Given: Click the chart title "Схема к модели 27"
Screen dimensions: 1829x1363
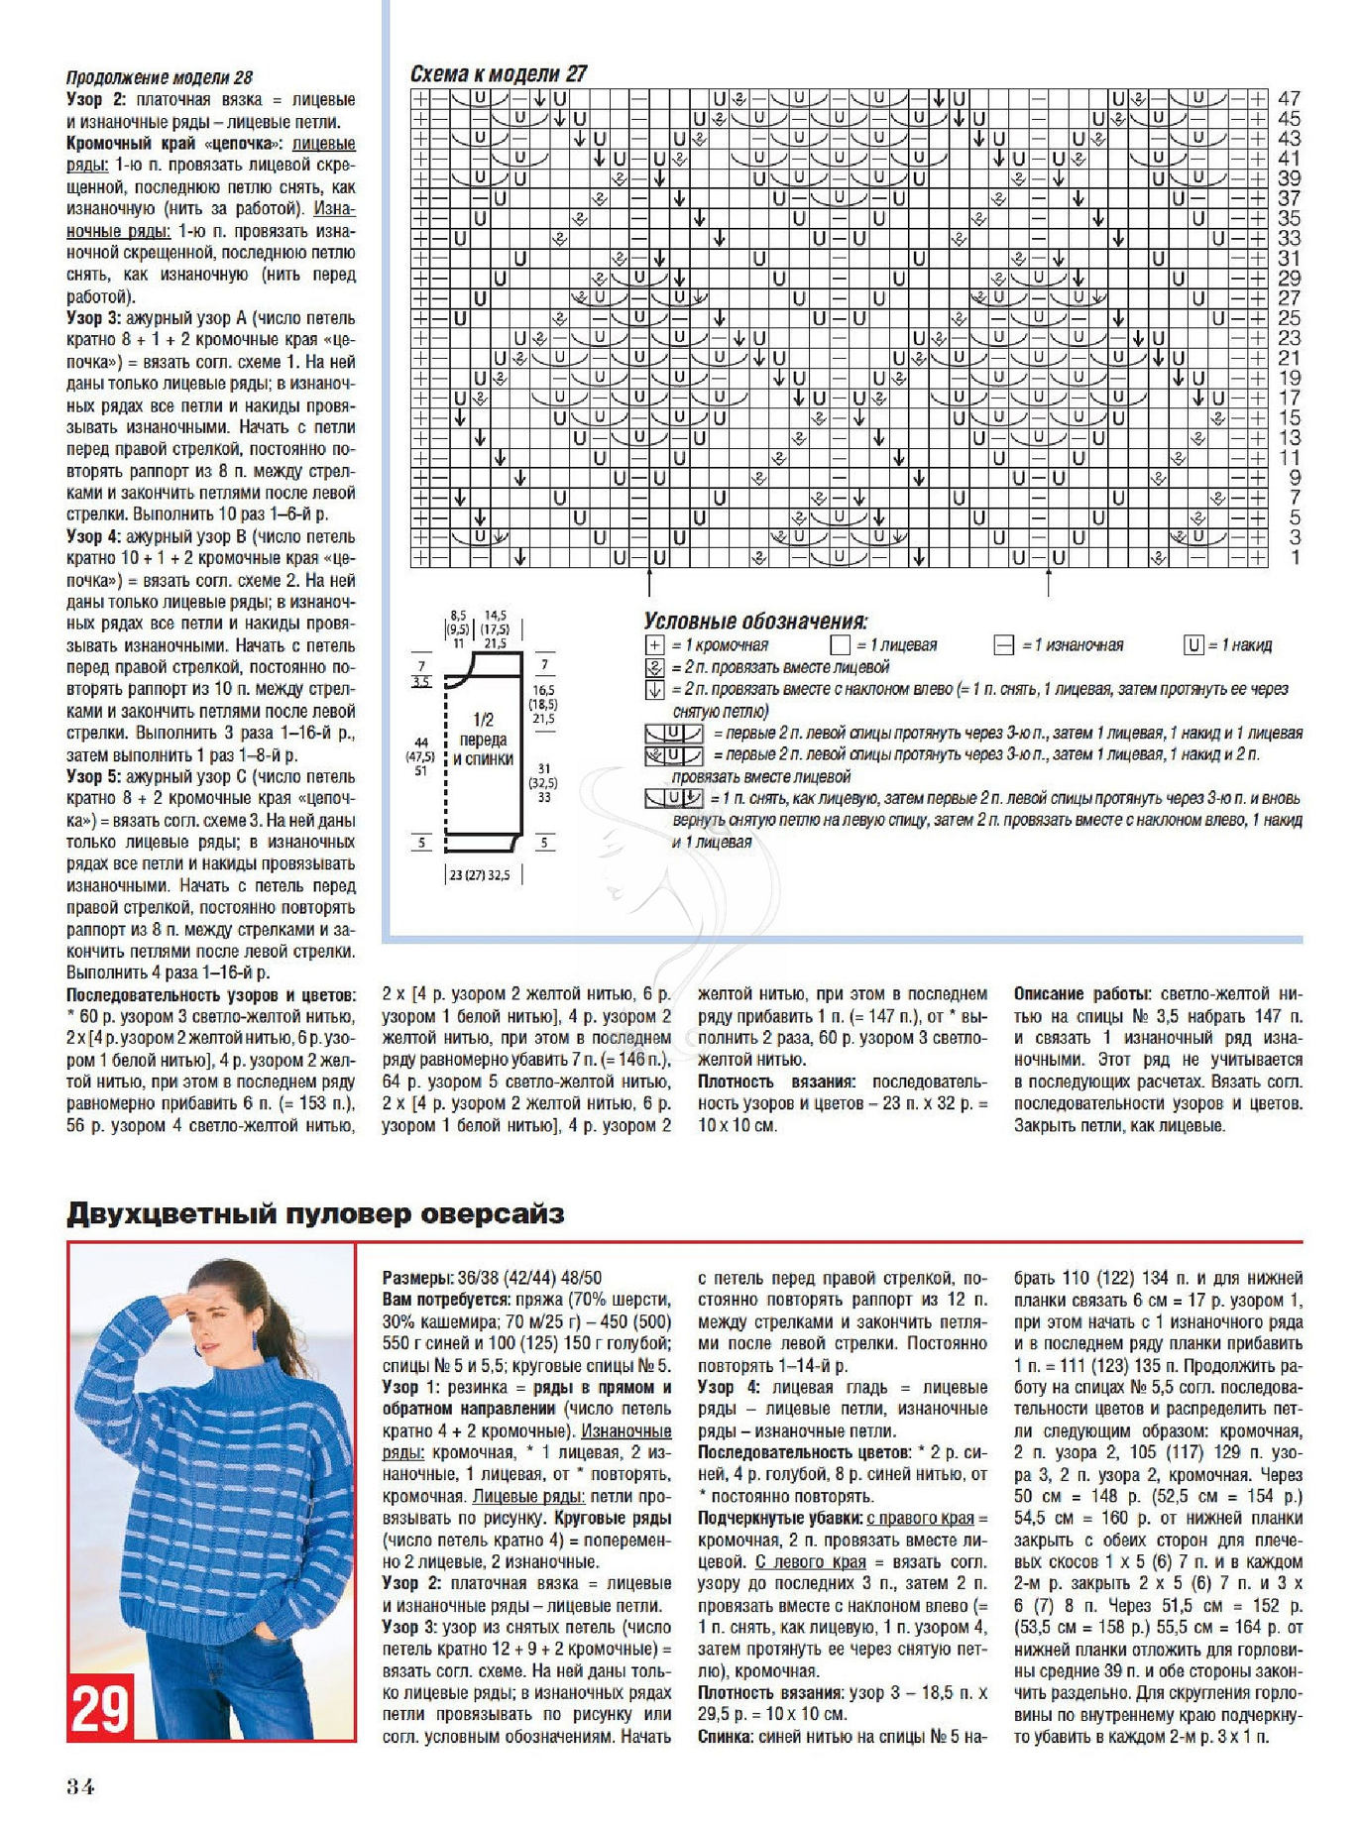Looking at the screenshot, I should pyautogui.click(x=499, y=74).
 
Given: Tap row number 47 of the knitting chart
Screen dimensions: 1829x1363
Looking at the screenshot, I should pyautogui.click(x=1289, y=99).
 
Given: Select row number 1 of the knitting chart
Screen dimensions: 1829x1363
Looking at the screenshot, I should pyautogui.click(x=1295, y=558).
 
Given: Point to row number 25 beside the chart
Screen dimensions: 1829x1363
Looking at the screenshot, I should pyautogui.click(x=1289, y=318).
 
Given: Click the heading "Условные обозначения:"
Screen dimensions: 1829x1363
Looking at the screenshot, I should pyautogui.click(x=755, y=622).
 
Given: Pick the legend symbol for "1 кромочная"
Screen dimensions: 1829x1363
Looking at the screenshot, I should pyautogui.click(x=654, y=645).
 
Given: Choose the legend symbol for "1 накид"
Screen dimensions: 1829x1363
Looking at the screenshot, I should pyautogui.click(x=1193, y=645).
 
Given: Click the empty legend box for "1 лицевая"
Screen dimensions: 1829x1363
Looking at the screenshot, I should pyautogui.click(x=841, y=645).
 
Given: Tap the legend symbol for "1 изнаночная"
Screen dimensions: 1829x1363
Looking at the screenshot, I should pyautogui.click(x=1004, y=645).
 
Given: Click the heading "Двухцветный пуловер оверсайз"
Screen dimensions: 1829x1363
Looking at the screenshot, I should pyautogui.click(x=315, y=1214).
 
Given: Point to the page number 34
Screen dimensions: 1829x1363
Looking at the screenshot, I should pyautogui.click(x=80, y=1786).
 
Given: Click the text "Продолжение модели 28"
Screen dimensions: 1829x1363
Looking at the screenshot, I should pyautogui.click(x=160, y=77).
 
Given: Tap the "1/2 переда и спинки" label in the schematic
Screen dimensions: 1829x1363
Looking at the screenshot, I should pyautogui.click(x=483, y=740).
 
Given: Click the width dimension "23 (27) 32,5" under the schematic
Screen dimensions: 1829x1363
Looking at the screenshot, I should pyautogui.click(x=480, y=876).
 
